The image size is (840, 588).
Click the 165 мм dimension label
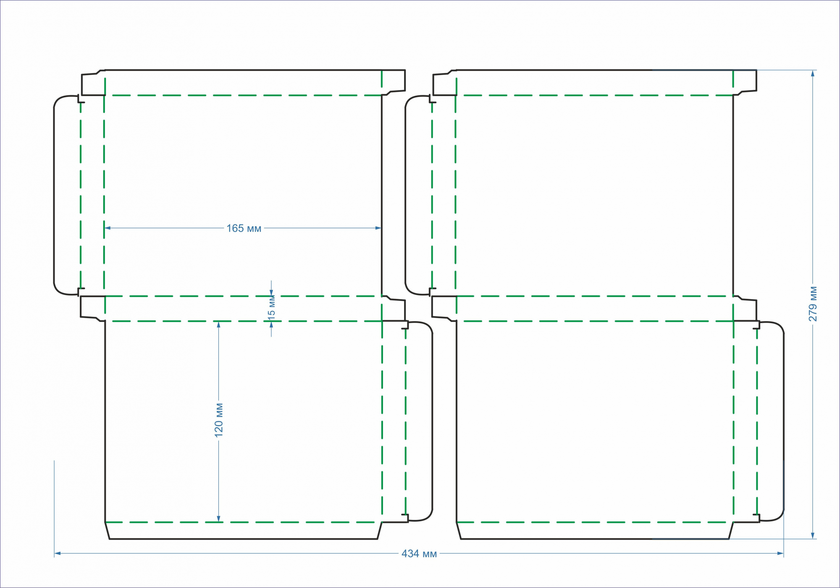point(244,228)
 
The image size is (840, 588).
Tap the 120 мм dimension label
point(219,420)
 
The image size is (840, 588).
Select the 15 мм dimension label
point(272,308)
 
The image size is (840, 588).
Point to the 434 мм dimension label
point(419,554)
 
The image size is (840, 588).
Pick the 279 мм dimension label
point(813,304)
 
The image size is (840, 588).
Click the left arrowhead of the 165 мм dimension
point(107,228)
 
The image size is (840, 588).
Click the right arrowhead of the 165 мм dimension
point(378,228)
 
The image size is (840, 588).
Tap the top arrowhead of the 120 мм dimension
point(218,324)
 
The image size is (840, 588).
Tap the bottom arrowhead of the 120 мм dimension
point(218,519)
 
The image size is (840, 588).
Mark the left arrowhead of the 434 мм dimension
point(58,554)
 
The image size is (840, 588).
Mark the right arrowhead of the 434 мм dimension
point(781,554)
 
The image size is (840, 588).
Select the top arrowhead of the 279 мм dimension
point(813,73)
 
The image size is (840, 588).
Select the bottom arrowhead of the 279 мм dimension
point(813,536)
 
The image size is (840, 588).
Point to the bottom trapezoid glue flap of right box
point(595,531)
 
